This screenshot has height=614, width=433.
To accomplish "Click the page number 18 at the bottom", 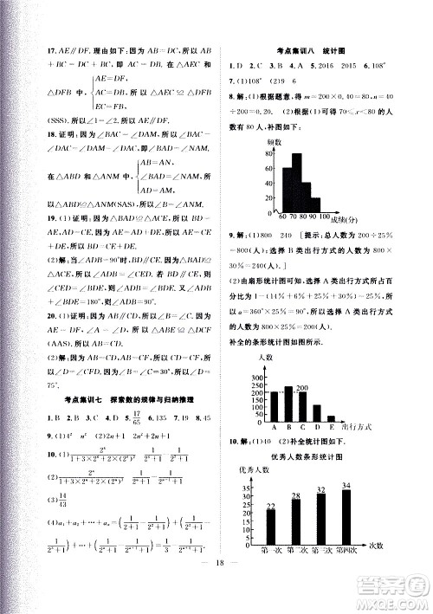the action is pyautogui.click(x=218, y=582).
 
